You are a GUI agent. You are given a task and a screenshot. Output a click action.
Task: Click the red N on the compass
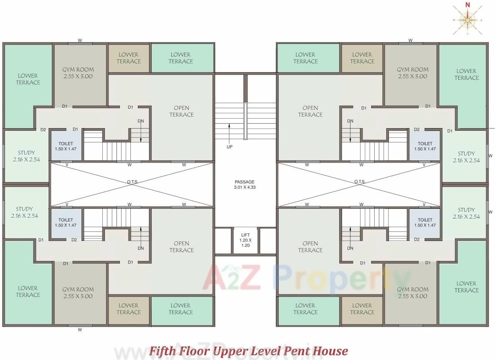point(468,5)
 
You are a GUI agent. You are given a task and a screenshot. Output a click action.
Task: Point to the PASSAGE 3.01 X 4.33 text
point(244,185)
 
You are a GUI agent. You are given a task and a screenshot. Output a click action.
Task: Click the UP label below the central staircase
point(229,147)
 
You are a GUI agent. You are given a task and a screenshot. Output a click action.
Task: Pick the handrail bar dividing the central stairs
point(246,121)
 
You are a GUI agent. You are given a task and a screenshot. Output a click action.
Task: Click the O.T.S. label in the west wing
point(133,182)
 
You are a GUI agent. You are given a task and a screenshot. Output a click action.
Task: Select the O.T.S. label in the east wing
point(360,182)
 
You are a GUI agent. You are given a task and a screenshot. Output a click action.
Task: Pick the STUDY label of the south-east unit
point(466,213)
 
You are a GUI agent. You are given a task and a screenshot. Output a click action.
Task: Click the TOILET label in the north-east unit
point(425,146)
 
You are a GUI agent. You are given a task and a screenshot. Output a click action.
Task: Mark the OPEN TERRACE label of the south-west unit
point(181,246)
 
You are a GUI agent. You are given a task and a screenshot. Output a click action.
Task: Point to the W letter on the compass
point(454,20)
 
